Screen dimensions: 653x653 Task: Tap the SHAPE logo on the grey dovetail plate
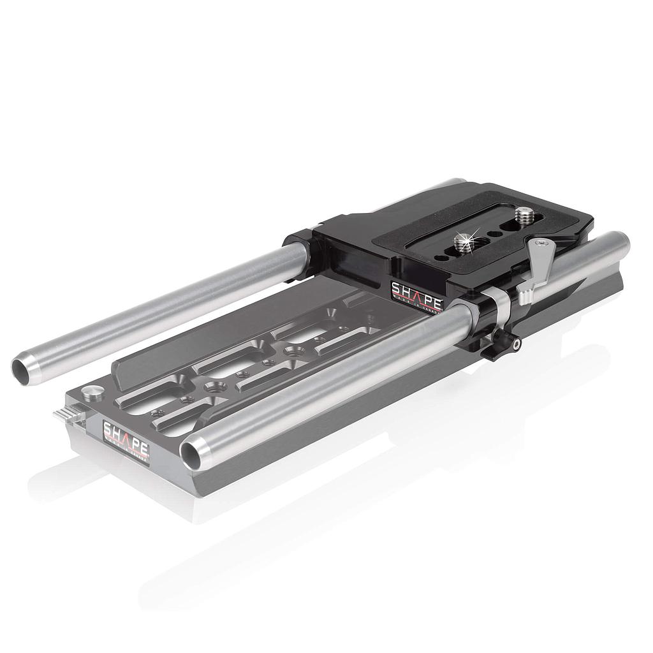pos(126,434)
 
